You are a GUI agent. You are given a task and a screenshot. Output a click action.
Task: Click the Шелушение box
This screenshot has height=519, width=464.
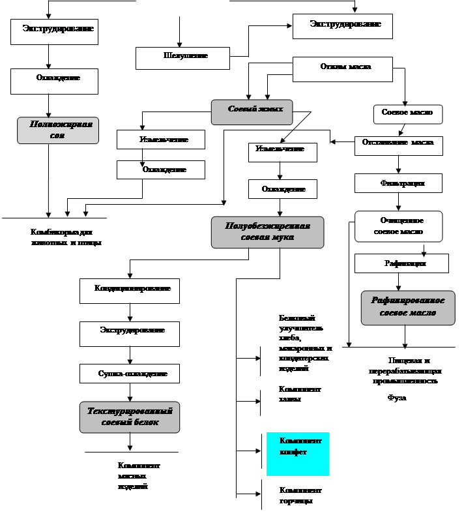[182, 57]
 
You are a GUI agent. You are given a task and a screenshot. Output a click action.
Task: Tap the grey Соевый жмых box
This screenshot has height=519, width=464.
[251, 111]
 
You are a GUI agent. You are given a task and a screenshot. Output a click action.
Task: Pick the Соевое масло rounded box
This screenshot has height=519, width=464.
[407, 113]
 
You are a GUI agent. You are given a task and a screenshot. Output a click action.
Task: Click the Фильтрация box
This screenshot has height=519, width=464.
[398, 183]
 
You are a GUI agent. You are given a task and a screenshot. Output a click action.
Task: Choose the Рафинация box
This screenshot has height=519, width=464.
[401, 263]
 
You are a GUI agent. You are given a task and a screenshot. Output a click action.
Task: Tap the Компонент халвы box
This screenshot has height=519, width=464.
[297, 404]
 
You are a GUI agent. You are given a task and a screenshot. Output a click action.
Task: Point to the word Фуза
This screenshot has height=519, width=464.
[397, 397]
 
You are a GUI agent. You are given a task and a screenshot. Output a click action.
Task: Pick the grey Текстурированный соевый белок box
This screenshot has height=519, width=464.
[129, 417]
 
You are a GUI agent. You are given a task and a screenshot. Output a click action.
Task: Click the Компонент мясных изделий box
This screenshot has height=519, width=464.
[145, 477]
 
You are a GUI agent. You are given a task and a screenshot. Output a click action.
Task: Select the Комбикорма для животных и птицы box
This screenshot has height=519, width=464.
[65, 239]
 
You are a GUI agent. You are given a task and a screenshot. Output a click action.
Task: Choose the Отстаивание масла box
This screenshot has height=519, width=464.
[398, 145]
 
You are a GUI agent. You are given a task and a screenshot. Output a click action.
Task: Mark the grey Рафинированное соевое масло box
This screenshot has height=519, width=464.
[407, 307]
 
